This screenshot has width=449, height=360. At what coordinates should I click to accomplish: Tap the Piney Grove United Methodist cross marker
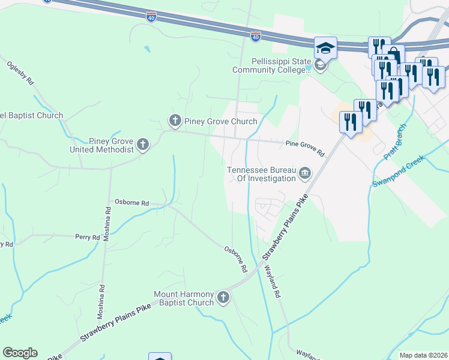tap(142, 144)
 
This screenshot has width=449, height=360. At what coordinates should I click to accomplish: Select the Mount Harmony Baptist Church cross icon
tap(223, 298)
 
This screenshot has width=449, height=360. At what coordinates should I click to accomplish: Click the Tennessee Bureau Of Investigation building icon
tap(305, 174)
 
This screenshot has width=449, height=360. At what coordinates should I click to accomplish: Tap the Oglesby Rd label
tap(20, 74)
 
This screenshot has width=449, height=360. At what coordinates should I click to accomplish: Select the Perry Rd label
tap(87, 238)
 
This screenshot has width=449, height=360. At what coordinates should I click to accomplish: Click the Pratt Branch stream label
tap(396, 142)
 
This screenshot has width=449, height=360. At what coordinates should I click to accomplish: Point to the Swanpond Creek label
tap(398, 170)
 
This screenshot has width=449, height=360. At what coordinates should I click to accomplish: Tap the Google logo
tap(20, 353)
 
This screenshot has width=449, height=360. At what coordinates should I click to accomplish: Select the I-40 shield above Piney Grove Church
tap(256, 37)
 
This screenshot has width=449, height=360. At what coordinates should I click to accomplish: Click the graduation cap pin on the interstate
tap(325, 47)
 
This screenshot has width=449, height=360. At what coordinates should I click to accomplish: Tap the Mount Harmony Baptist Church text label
tap(184, 298)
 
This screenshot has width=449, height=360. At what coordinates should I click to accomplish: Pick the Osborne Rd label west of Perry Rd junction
tap(132, 203)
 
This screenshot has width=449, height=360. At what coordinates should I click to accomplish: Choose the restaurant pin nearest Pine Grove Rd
tap(350, 122)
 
